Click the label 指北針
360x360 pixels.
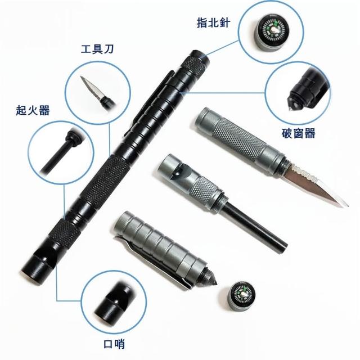coord(213,22)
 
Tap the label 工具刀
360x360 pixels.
coord(97,49)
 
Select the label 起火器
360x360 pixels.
coord(33,110)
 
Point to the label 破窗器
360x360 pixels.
coord(298,133)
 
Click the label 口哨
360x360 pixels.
coord(114,344)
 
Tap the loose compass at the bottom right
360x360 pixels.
coord(241,296)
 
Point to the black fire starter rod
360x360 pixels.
coord(254,227)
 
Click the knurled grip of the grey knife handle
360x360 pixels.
coord(238,139)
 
